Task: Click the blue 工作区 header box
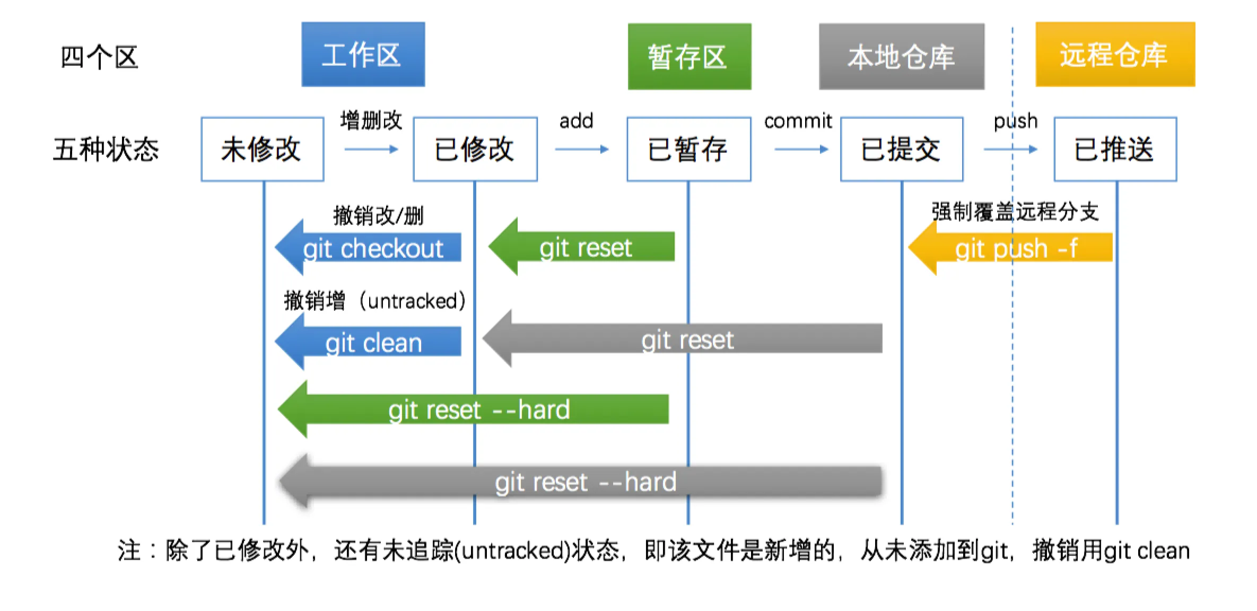(x=363, y=54)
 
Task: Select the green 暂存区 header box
(x=689, y=56)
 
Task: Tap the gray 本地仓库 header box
(x=902, y=56)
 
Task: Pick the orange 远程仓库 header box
(x=1115, y=54)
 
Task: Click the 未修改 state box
(x=263, y=149)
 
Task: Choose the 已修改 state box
(x=475, y=149)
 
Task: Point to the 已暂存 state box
(x=689, y=149)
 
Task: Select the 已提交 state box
(x=902, y=149)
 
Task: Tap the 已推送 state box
(x=1115, y=149)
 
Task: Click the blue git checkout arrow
(x=368, y=247)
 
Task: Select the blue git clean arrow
(x=368, y=342)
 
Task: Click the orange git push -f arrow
(x=1010, y=247)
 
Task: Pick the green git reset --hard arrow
(x=473, y=409)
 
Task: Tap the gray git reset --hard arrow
(x=580, y=482)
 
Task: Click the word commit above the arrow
(x=798, y=121)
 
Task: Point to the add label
(x=576, y=121)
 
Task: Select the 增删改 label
(x=371, y=120)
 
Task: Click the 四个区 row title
(x=100, y=57)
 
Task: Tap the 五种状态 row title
(x=106, y=149)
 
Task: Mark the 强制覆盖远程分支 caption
(x=1015, y=212)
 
